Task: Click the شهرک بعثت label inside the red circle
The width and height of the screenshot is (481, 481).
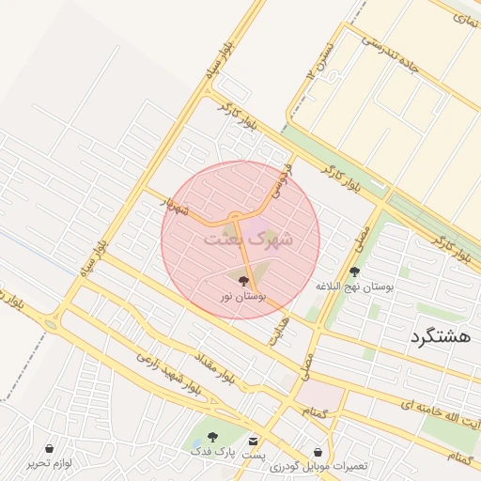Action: (x=249, y=239)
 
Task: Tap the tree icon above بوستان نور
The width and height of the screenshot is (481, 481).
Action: (x=243, y=281)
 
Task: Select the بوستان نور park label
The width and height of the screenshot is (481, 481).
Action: (x=243, y=296)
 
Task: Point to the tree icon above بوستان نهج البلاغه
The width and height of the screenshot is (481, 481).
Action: (x=354, y=272)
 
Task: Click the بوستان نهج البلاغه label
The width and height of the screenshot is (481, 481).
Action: (x=354, y=286)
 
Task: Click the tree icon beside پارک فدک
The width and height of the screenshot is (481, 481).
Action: (x=211, y=437)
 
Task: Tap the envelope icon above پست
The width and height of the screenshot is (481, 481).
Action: (x=253, y=440)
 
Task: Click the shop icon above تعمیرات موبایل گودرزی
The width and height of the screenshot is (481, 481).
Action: (x=318, y=452)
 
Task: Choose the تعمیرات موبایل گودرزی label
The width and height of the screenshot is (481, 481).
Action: (x=319, y=467)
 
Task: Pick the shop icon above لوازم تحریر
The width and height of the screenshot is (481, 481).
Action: (x=49, y=448)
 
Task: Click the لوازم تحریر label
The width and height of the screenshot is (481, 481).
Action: (x=50, y=463)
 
